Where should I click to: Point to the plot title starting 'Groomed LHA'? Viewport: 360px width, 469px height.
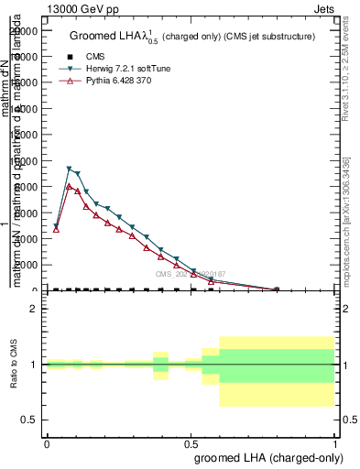coord(192,37)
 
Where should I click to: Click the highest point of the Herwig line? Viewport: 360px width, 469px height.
coord(70,169)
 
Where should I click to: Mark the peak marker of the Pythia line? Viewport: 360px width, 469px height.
coord(70,187)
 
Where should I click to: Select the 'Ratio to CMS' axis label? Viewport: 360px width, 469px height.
coord(14,365)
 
